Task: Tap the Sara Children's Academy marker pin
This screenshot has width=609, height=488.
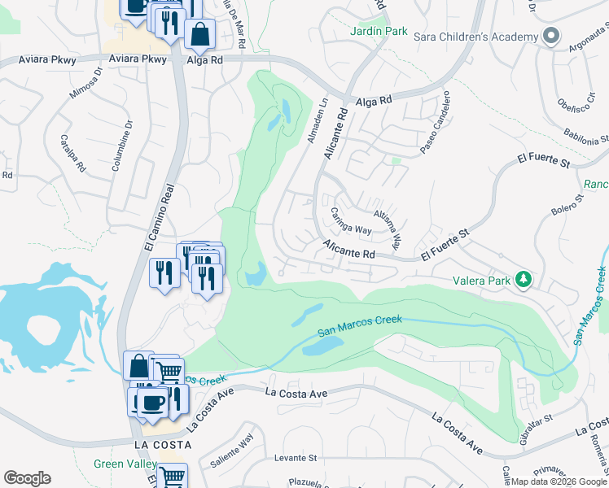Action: (551, 37)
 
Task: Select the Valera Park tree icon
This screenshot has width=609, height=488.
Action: (524, 281)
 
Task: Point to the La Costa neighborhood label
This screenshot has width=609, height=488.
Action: (163, 445)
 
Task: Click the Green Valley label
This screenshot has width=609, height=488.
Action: (125, 464)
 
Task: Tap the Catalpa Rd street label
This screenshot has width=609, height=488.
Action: (72, 152)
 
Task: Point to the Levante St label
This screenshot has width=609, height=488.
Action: (295, 458)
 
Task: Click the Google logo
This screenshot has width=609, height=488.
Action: (27, 478)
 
